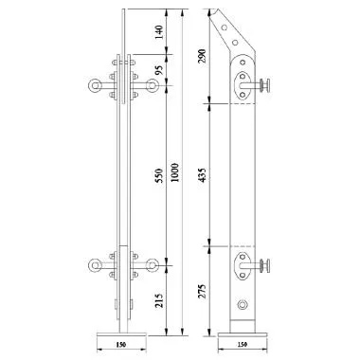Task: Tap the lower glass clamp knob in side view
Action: pyautogui.click(x=271, y=266)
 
